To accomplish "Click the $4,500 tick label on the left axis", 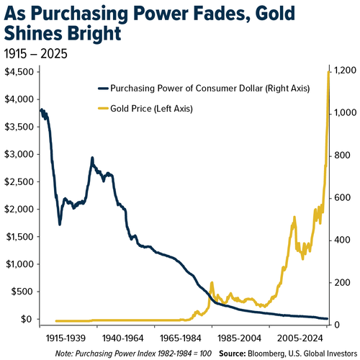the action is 19,72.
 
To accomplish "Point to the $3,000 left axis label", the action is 19,154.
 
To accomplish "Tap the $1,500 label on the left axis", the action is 19,237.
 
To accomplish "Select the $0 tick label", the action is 27,319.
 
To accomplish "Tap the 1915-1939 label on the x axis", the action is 66,338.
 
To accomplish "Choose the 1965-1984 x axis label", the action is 180,338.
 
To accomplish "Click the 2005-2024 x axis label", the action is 300,338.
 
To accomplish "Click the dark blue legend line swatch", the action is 103,89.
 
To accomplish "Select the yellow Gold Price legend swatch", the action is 103,109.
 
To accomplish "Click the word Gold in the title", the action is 275,14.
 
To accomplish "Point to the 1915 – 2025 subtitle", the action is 36,53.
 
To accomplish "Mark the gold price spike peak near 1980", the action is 212,283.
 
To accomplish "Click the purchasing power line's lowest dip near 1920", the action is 60,225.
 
